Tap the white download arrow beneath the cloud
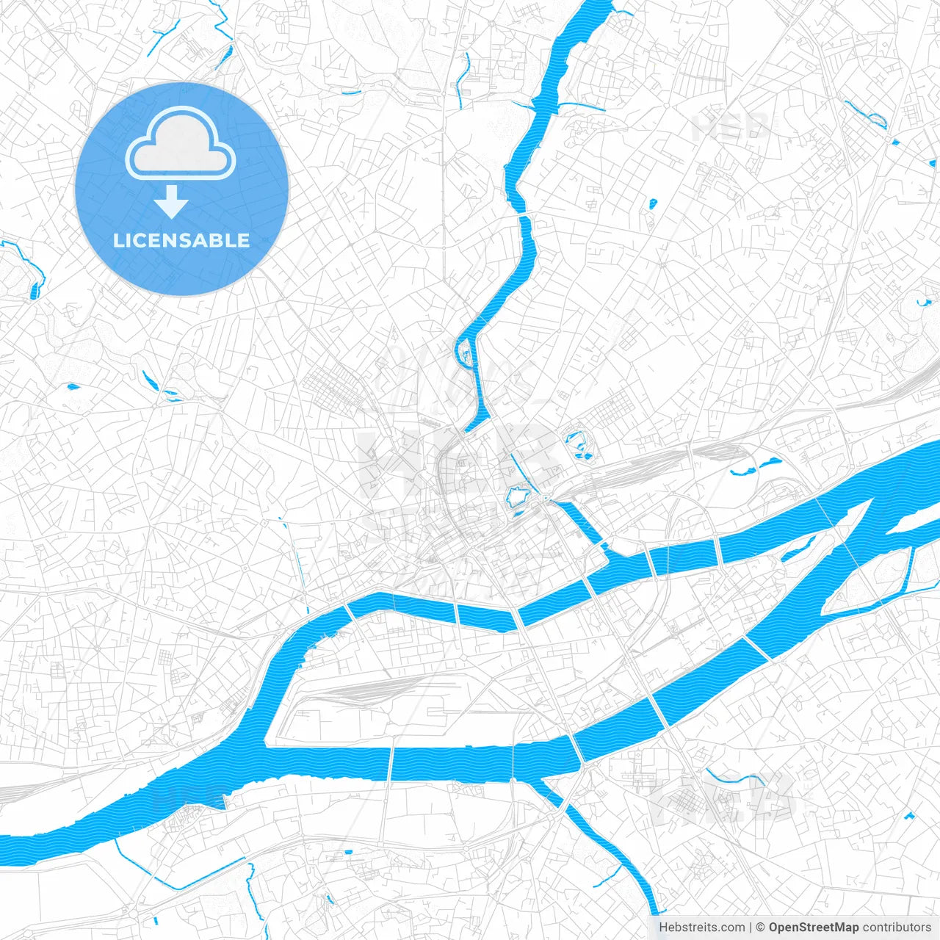point(171,203)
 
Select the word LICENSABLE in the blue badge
point(181,240)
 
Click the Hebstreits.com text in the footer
point(701,928)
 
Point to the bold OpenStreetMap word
point(814,928)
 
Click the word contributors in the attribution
point(897,928)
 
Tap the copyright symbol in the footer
point(761,928)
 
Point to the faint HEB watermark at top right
point(731,127)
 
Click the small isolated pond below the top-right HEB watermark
point(652,203)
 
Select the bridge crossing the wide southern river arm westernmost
point(390,764)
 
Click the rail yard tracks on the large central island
point(375,690)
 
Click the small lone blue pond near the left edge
point(72,386)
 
